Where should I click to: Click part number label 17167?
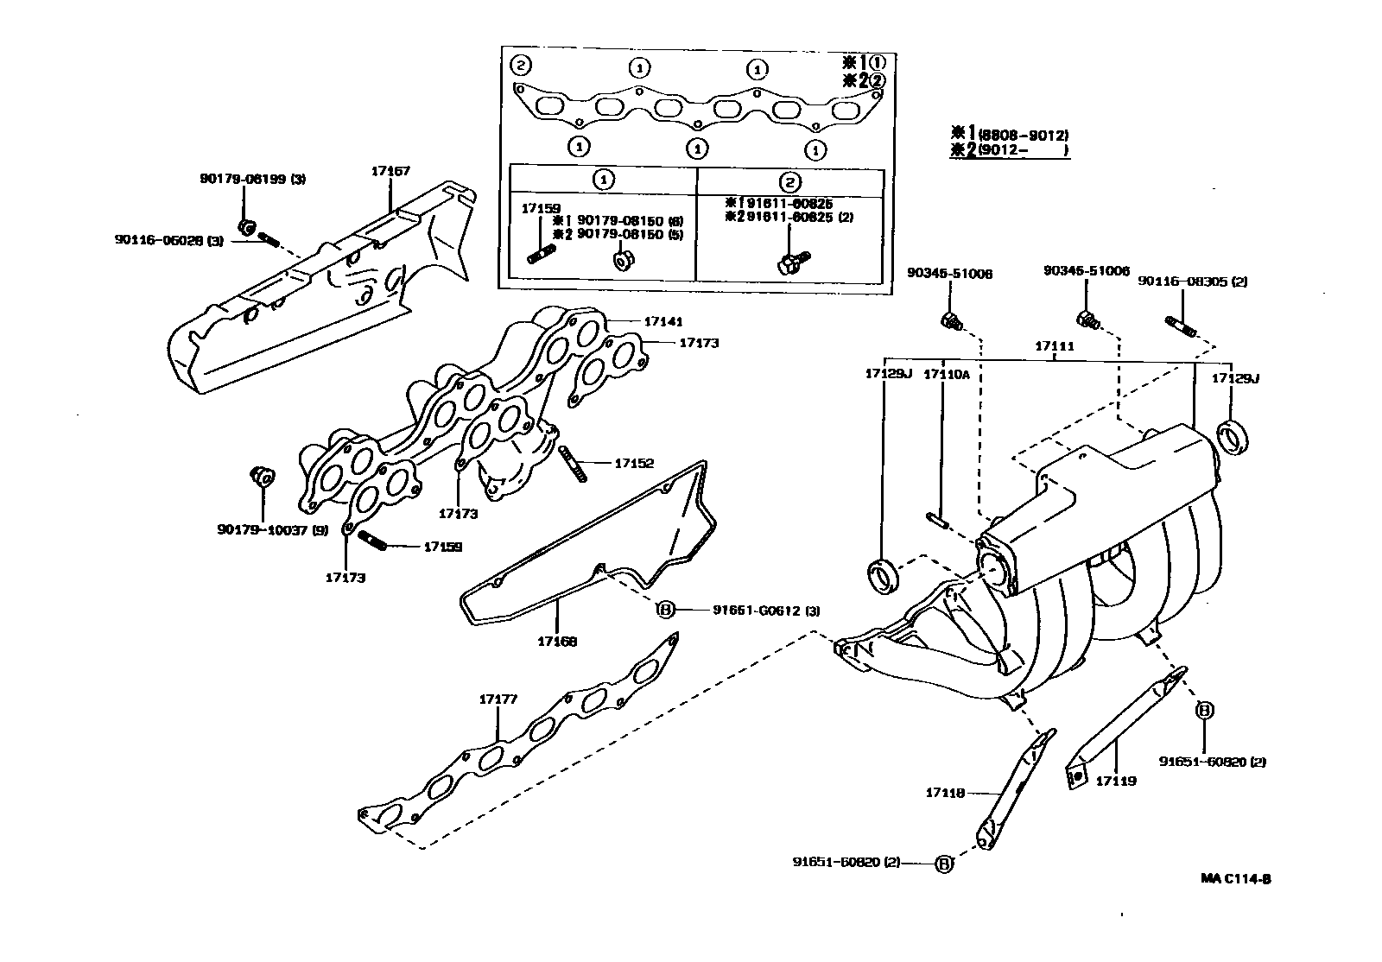390,171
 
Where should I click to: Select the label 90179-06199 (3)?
251,180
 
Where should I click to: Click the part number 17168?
557,641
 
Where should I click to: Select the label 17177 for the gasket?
498,699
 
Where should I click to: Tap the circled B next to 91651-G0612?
665,610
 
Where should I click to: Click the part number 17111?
1055,345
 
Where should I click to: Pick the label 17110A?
947,374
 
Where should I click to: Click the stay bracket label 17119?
1116,781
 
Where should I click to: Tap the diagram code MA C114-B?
1235,879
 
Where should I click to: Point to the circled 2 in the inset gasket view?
520,64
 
